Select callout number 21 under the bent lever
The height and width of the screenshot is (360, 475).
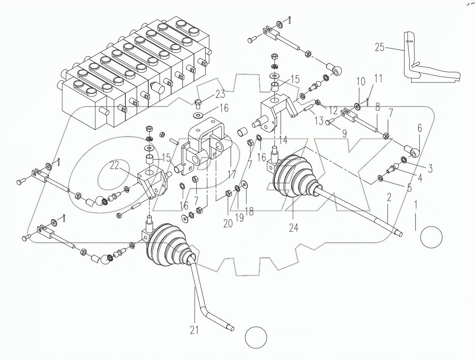tap(194, 330)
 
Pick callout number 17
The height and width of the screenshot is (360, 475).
tap(231, 175)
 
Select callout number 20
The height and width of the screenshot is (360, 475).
tap(228, 224)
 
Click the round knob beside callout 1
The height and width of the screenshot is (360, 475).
tap(431, 237)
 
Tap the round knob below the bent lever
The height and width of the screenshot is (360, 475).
tap(256, 338)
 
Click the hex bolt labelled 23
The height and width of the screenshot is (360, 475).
tap(198, 103)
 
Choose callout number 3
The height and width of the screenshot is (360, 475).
tap(430, 169)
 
